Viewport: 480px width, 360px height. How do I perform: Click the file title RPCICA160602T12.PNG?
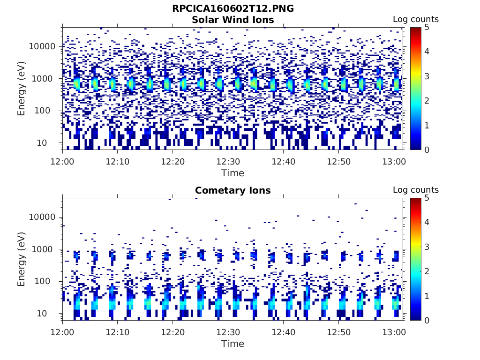(233, 8)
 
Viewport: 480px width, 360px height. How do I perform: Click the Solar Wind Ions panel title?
(233, 20)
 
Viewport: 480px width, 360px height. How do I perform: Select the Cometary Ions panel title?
(233, 190)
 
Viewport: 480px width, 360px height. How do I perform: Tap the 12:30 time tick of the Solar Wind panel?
(228, 161)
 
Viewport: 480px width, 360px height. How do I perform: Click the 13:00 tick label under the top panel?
(394, 161)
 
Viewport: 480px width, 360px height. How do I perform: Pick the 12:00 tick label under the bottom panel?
(62, 331)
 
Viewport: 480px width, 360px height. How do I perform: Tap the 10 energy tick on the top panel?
(50, 143)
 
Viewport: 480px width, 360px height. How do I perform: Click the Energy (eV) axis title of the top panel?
(22, 88)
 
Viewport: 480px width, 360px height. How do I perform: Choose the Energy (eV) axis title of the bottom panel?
(22, 259)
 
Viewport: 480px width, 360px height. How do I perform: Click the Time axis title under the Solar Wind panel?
(233, 173)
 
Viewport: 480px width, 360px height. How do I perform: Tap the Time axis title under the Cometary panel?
(233, 344)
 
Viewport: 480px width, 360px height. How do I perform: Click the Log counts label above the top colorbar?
(415, 19)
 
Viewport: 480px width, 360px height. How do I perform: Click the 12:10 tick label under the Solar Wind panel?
(117, 161)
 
